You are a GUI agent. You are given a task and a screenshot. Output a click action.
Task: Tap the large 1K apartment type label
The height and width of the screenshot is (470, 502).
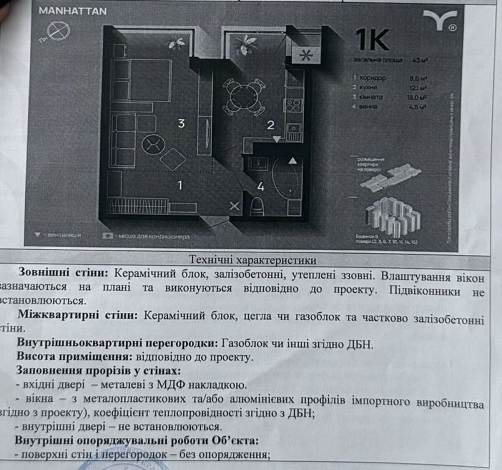372,40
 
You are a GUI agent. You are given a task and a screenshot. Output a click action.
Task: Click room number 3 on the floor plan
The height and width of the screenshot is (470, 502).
182,123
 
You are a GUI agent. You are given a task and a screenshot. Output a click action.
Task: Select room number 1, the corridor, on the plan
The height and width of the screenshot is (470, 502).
180,185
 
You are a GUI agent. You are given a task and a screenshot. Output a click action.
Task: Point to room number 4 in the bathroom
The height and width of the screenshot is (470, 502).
260,186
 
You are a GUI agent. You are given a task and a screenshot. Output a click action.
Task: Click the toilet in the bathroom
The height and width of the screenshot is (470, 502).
257,205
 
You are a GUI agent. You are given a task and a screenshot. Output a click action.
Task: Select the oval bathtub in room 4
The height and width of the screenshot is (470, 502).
285,178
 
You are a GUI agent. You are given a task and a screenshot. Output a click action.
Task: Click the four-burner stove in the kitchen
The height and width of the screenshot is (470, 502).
293,106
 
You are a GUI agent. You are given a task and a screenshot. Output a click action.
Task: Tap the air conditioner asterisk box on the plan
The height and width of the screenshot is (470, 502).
305,56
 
